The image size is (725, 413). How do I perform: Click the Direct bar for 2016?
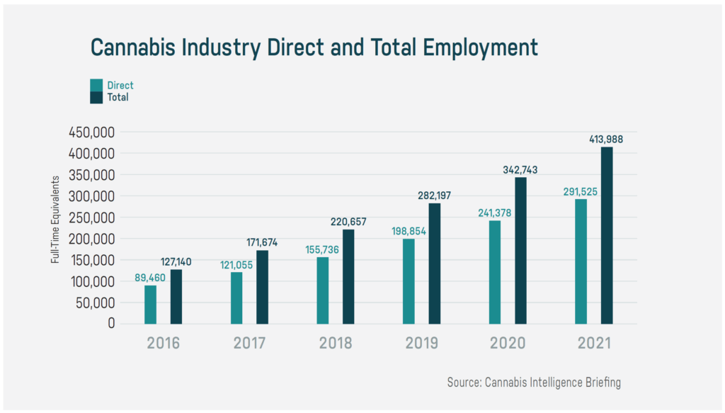pyautogui.click(x=150, y=305)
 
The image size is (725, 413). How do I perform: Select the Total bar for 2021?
pyautogui.click(x=607, y=235)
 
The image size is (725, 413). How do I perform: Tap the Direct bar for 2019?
pyautogui.click(x=409, y=281)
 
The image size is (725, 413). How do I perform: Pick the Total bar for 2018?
pyautogui.click(x=348, y=276)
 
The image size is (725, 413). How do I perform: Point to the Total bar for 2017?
pyautogui.click(x=262, y=287)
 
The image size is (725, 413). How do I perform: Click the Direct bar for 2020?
pyautogui.click(x=495, y=272)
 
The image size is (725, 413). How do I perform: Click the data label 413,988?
pyautogui.click(x=606, y=139)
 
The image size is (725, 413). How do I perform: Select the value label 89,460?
pyautogui.click(x=149, y=277)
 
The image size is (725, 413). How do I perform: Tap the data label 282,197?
pyautogui.click(x=435, y=195)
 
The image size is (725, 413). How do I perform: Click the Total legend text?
pyautogui.click(x=118, y=97)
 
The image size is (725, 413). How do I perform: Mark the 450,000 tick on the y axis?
pyautogui.click(x=92, y=132)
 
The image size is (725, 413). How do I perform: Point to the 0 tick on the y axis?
pyautogui.click(x=112, y=323)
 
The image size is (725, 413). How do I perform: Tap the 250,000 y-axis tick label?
pyautogui.click(x=92, y=217)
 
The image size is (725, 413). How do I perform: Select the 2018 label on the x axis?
pyautogui.click(x=336, y=344)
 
